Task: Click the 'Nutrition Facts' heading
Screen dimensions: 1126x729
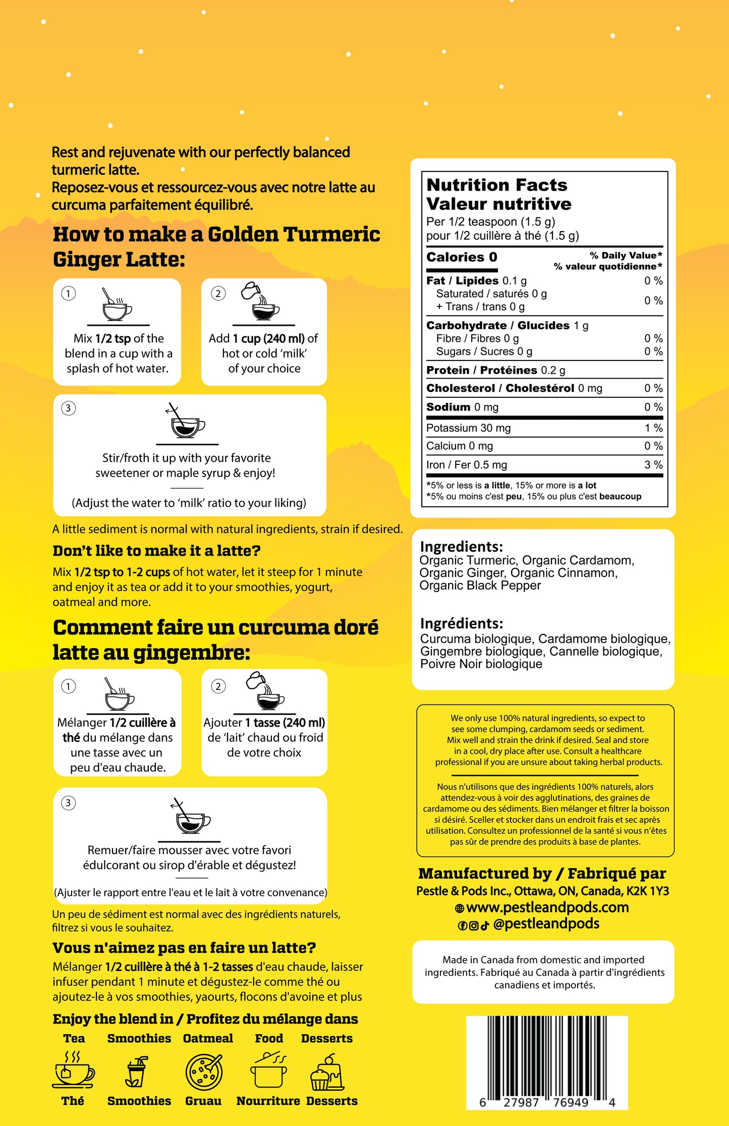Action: pyautogui.click(x=497, y=185)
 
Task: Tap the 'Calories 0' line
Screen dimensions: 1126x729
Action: pyautogui.click(x=462, y=257)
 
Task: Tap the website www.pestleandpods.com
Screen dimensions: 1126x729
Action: pyautogui.click(x=547, y=908)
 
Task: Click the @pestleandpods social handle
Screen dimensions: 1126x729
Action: pyautogui.click(x=546, y=924)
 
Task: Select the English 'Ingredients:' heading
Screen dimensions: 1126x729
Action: pyautogui.click(x=461, y=547)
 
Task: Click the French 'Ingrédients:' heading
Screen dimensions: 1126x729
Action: pyautogui.click(x=462, y=624)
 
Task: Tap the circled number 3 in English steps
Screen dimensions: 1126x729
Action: pyautogui.click(x=69, y=408)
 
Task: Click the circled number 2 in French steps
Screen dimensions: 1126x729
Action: pyautogui.click(x=218, y=686)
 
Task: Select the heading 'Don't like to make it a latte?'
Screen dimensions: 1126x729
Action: pyautogui.click(x=156, y=551)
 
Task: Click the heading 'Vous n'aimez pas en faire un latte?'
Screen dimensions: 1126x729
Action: pyautogui.click(x=184, y=948)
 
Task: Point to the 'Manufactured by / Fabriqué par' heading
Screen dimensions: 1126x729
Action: pyautogui.click(x=542, y=873)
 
